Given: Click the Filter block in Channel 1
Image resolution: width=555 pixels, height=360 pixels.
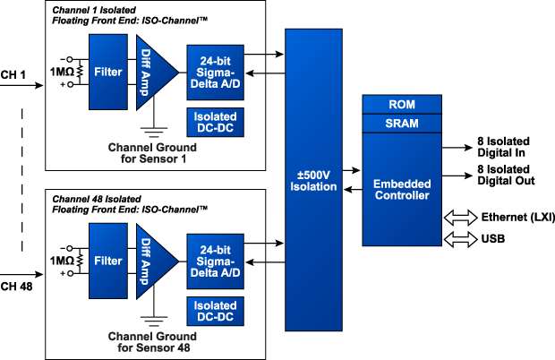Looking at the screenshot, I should click(109, 69).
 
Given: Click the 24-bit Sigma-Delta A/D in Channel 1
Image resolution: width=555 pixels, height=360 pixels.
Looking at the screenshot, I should click(213, 68).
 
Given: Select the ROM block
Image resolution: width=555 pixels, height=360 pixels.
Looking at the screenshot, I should click(401, 103).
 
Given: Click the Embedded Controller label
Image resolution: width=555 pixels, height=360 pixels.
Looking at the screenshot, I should click(401, 189).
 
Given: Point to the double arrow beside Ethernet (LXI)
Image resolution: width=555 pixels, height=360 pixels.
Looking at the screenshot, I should click(459, 218).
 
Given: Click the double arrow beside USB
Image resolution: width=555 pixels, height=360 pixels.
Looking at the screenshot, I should click(459, 238).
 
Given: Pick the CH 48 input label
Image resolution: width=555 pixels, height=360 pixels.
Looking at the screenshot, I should click(19, 285).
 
